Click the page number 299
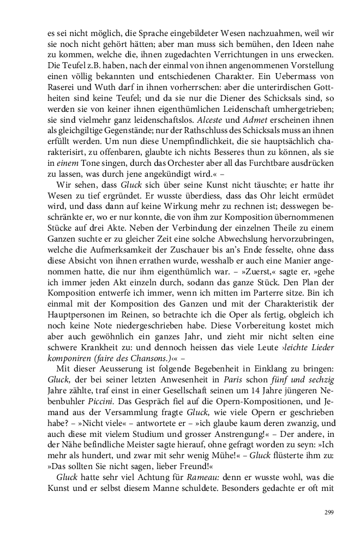pyautogui.click(x=328, y=512)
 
